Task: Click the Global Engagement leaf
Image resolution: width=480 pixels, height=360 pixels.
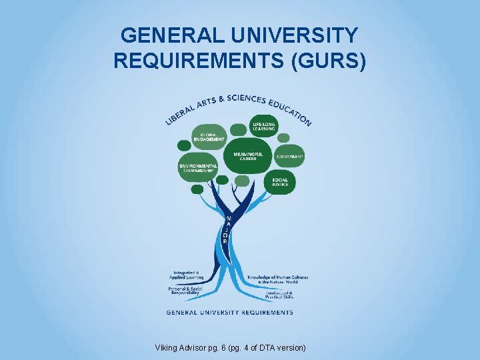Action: [208, 137]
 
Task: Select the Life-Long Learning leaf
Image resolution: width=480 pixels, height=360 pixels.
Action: [263, 127]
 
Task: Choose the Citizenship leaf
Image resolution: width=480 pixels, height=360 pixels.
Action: [290, 156]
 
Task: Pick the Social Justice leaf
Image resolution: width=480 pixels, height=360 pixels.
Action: [279, 181]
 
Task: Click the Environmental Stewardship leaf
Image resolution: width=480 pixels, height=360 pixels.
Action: [197, 168]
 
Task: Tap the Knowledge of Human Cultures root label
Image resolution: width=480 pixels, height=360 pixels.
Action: [277, 279]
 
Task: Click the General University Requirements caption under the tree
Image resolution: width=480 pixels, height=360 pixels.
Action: [229, 312]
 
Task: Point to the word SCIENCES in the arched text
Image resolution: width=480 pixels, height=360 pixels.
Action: [247, 99]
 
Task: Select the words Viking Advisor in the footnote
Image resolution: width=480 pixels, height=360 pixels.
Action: [179, 348]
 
